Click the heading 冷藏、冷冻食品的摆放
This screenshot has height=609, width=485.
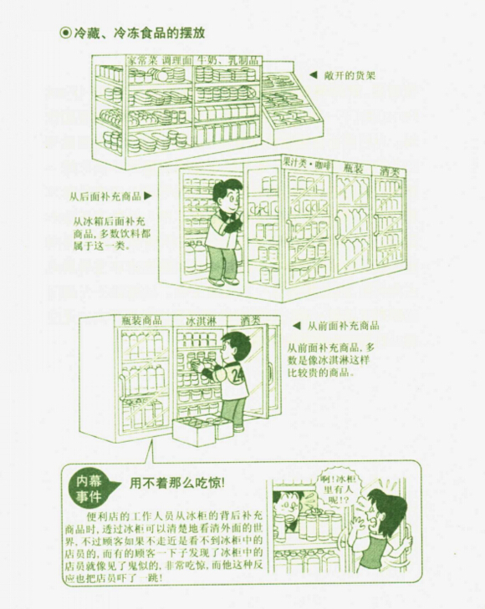click(139, 33)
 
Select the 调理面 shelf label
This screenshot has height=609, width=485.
click(176, 61)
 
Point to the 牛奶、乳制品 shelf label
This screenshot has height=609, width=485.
click(227, 61)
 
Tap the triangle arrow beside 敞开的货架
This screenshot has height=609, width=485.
click(313, 75)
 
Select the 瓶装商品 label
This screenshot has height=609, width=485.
click(142, 321)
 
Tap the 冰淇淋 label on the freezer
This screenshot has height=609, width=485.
click(201, 321)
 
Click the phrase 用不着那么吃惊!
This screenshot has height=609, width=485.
click(177, 483)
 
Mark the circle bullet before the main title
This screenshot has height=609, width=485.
click(64, 33)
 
